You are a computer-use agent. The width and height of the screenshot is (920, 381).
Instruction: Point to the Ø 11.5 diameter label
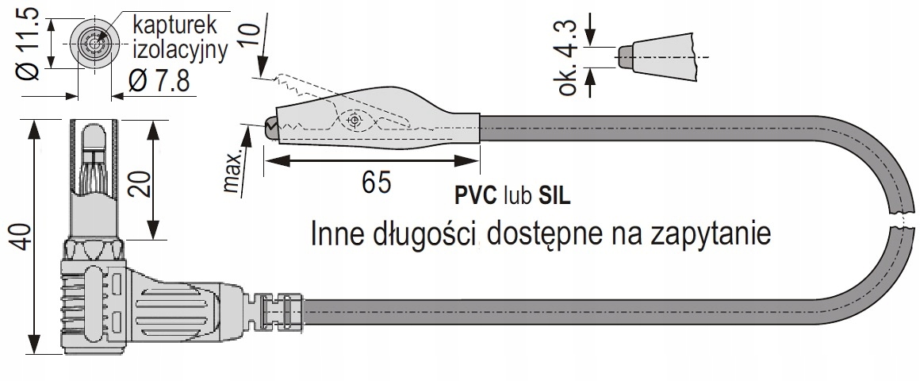pos(29,46)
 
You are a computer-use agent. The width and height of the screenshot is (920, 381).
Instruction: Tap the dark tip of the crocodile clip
pos(270,127)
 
